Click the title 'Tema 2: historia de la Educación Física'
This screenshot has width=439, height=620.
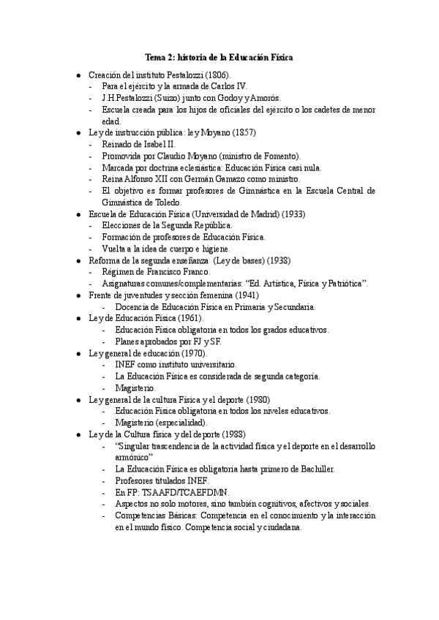220,57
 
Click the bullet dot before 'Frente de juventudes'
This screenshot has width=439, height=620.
79,296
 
